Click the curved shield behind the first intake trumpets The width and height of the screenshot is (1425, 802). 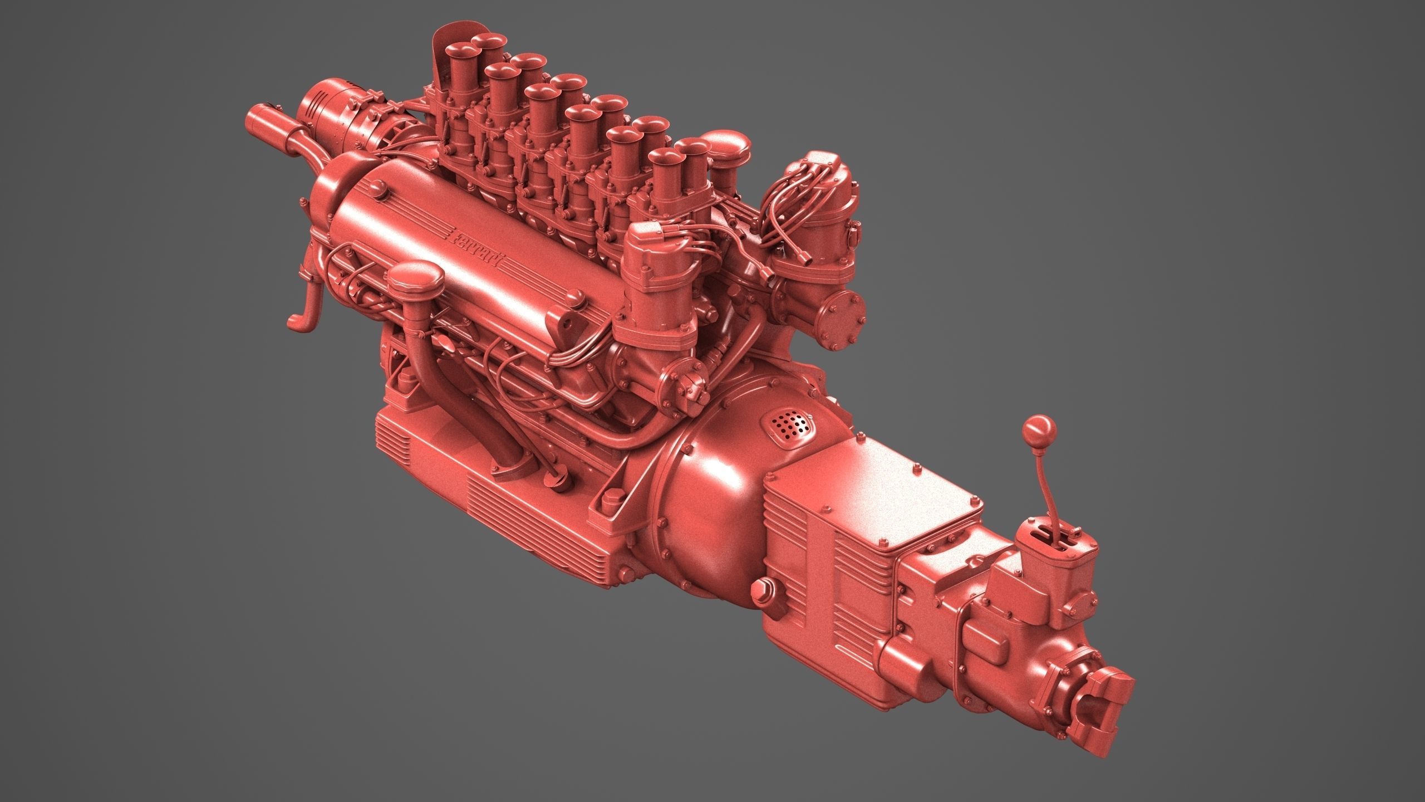(445, 56)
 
